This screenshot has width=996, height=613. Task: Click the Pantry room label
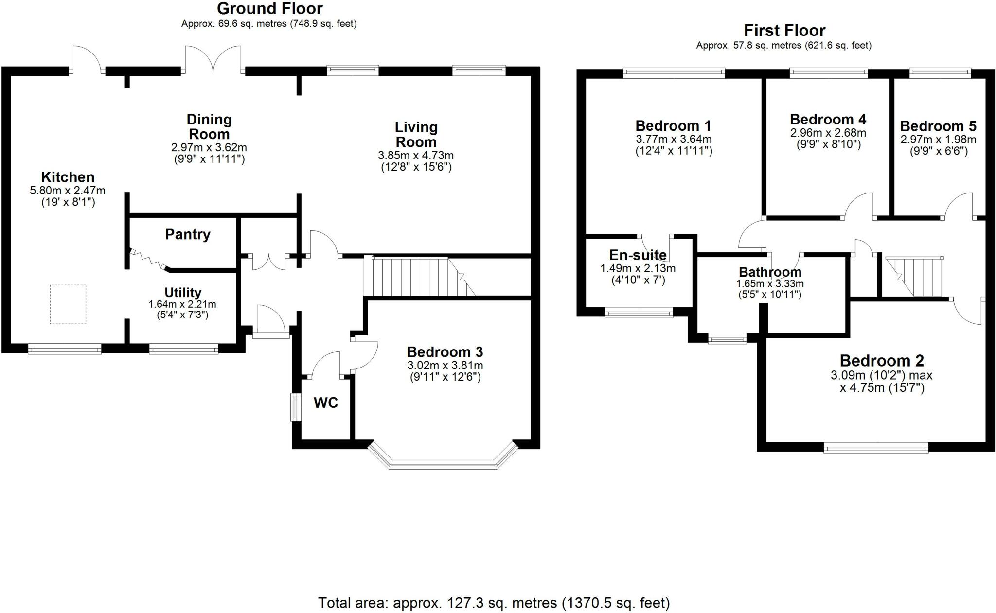point(188,234)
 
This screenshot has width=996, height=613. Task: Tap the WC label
point(325,403)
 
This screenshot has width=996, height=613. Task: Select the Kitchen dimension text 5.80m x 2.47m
point(68,191)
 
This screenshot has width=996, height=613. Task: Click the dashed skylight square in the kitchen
point(68,304)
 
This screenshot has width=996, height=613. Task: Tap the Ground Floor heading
point(269,9)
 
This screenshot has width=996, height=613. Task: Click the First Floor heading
point(784,31)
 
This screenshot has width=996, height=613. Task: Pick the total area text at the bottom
point(494,603)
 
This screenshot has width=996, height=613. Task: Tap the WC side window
point(295,407)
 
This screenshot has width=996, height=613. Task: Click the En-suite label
point(638,255)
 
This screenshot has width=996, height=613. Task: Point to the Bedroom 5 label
point(938,126)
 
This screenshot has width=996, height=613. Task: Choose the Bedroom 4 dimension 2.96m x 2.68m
point(828,133)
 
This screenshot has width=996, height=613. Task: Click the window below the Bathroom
point(727,339)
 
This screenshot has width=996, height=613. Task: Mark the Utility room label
point(182,292)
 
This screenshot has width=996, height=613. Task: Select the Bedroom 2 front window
point(876,447)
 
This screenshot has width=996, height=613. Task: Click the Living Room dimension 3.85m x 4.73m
point(416,156)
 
